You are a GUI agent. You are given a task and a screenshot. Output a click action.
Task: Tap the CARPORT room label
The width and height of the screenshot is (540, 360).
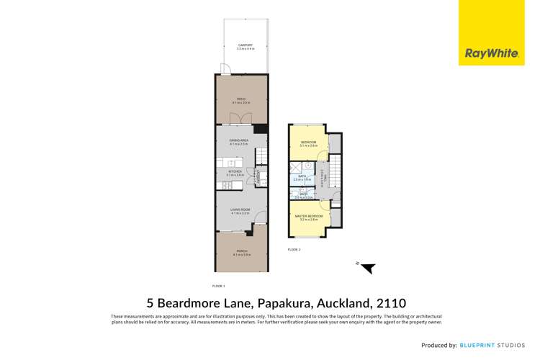tap(246, 47)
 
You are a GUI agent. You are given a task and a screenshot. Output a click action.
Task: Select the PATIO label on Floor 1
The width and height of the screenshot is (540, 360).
tap(242, 100)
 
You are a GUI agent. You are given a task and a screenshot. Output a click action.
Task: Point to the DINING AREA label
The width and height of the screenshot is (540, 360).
tap(239, 142)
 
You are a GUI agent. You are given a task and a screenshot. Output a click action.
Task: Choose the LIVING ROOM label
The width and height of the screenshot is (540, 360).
tap(240, 212)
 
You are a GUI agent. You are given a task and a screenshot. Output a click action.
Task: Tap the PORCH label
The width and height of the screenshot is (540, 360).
tap(241, 252)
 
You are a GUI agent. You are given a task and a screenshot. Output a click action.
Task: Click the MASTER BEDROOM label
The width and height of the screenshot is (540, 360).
tap(309, 217)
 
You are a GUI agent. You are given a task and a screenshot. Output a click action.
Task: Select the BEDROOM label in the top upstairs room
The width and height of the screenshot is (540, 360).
tap(309, 143)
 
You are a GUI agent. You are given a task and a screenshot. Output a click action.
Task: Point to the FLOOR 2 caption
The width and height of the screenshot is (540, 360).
tap(294, 249)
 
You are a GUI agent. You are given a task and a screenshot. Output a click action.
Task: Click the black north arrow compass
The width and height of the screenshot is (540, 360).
tap(367, 268)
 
